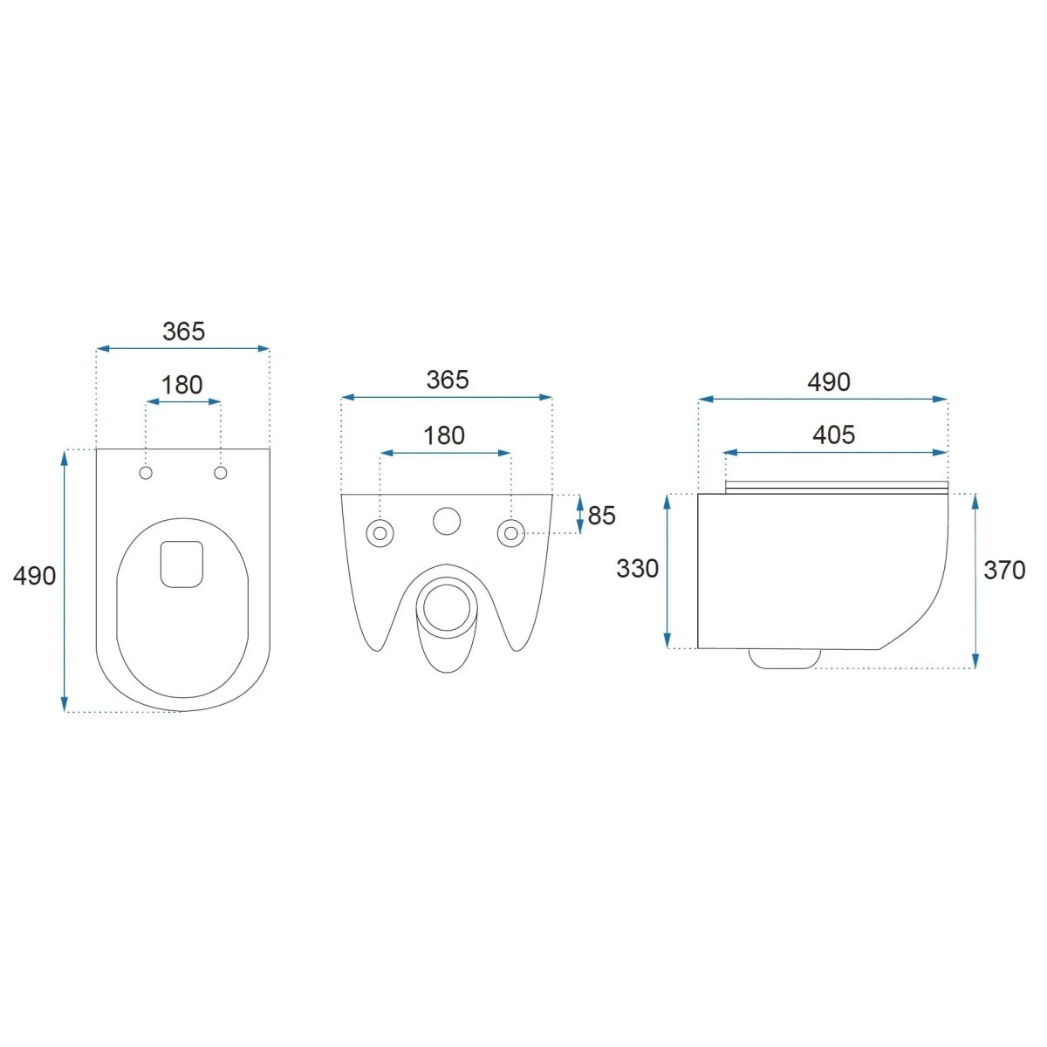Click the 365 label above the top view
click(x=183, y=332)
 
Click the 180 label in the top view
click(x=182, y=386)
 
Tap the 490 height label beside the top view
click(x=34, y=576)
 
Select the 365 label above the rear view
click(x=448, y=380)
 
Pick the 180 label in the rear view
click(x=444, y=435)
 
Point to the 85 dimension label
click(x=601, y=516)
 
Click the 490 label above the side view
click(x=829, y=382)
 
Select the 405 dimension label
click(x=834, y=435)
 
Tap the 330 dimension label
click(x=637, y=569)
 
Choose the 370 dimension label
click(x=1004, y=571)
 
